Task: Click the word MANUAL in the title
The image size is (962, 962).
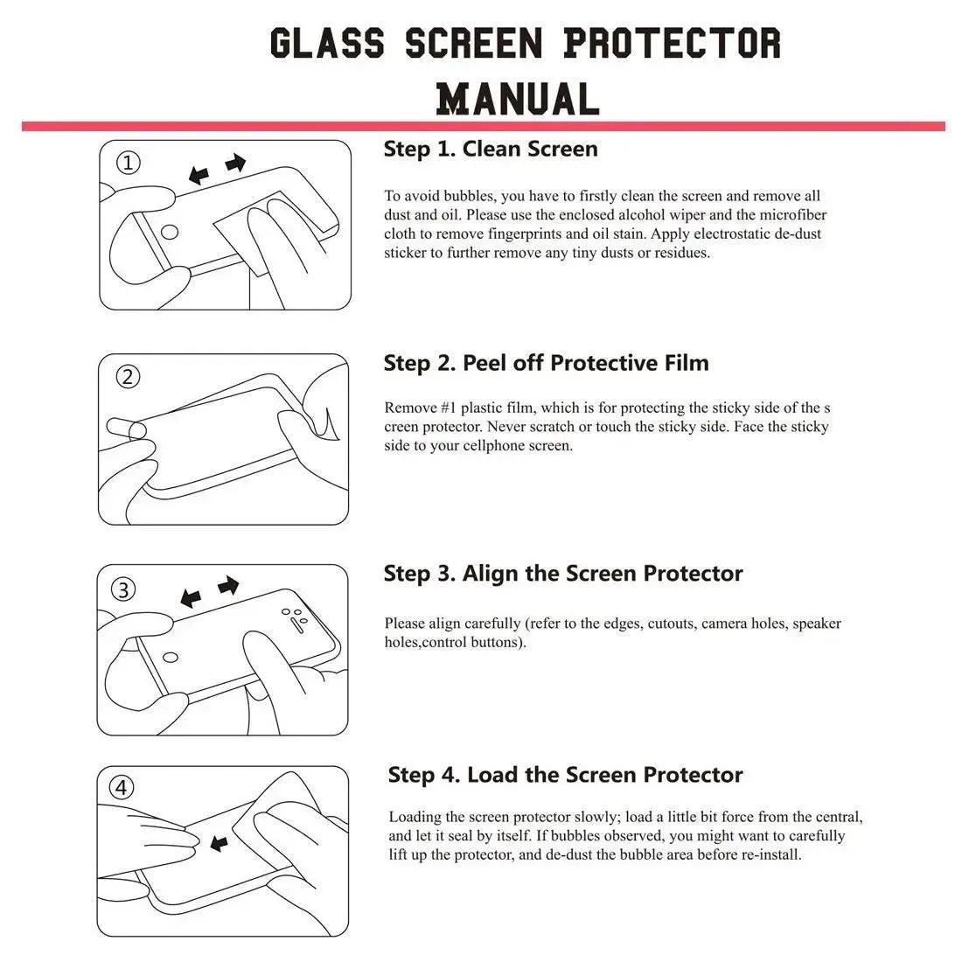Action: (x=518, y=98)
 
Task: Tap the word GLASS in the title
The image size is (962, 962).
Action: (x=326, y=43)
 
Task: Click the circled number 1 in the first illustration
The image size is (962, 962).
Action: (x=129, y=163)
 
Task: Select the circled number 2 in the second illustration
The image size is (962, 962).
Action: (x=129, y=377)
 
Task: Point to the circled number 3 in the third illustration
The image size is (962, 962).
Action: (x=124, y=589)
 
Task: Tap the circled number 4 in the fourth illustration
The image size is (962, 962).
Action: (x=122, y=788)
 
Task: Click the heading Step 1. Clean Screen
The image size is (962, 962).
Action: (x=491, y=149)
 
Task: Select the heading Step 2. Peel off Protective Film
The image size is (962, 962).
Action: (x=546, y=363)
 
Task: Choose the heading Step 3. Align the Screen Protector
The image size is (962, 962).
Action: (x=562, y=574)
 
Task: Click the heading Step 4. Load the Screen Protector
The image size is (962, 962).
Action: (x=565, y=775)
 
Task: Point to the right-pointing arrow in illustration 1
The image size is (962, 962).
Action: (x=236, y=163)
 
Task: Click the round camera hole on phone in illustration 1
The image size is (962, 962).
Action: (x=172, y=234)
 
